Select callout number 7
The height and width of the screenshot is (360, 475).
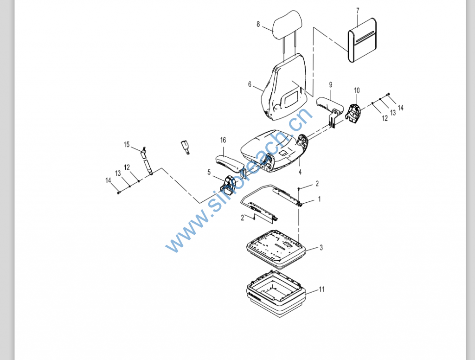click(358, 11)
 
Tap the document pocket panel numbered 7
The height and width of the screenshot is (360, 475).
click(362, 40)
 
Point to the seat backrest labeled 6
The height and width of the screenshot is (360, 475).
click(284, 88)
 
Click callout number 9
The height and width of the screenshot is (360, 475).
click(330, 85)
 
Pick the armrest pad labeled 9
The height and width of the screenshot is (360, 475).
click(329, 104)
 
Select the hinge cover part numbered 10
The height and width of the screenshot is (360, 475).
click(353, 113)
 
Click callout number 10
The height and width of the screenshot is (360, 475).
click(357, 90)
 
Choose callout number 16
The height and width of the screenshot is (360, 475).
click(223, 140)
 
